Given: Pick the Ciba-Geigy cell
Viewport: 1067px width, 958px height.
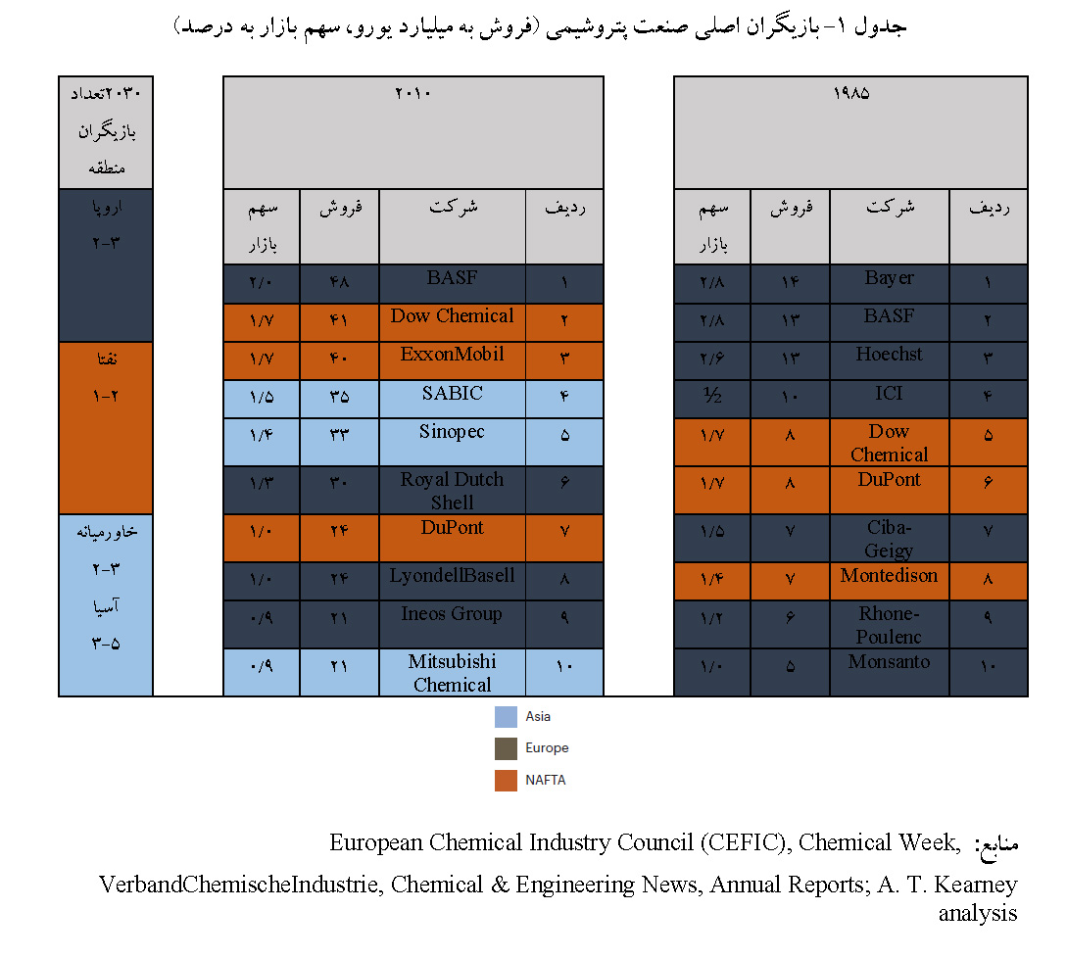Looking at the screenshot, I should pyautogui.click(x=889, y=539).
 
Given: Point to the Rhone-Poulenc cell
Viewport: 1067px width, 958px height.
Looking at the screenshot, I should pyautogui.click(x=889, y=625).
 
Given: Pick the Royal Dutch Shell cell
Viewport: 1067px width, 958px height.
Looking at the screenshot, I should pyautogui.click(x=452, y=491).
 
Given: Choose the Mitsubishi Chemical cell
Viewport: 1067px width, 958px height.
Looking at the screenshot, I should pyautogui.click(x=452, y=673).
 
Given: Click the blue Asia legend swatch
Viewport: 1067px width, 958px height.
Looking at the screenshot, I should pyautogui.click(x=506, y=717).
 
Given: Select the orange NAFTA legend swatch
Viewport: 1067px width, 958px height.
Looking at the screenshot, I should pyautogui.click(x=506, y=781).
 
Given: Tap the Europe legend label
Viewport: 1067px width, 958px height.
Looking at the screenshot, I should pyautogui.click(x=547, y=748).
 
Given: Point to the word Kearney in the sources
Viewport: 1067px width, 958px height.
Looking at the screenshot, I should pyautogui.click(x=977, y=886).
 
